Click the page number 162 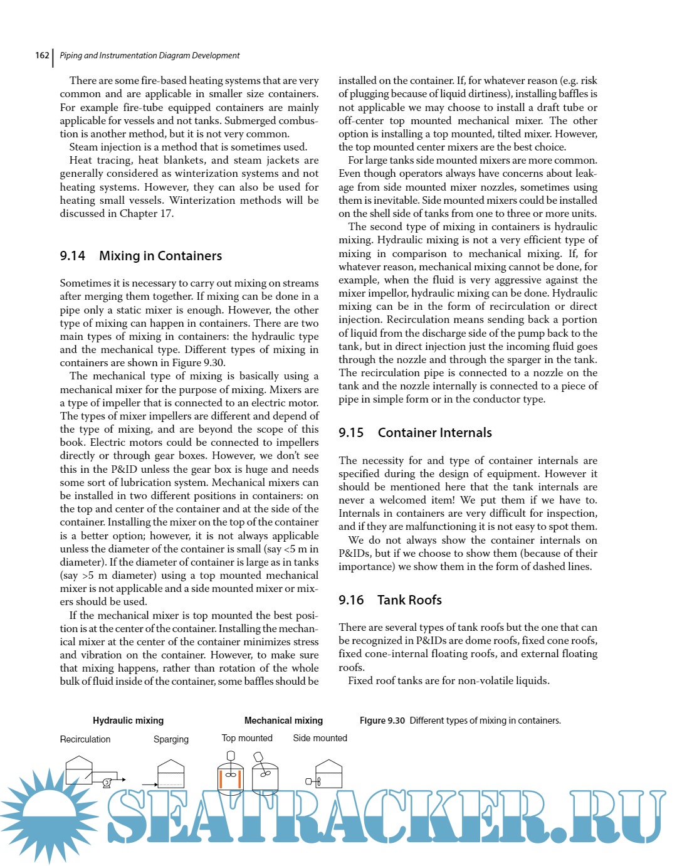click(42, 55)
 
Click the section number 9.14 click(73, 256)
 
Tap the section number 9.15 click(351, 433)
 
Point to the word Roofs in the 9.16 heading click(426, 600)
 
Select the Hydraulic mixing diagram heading click(128, 721)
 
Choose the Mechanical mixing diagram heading click(283, 721)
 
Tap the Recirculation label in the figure click(85, 739)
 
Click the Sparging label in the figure click(171, 739)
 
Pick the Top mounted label click(247, 738)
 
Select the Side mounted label click(320, 738)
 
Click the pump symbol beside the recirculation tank click(107, 782)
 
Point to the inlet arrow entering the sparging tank click(149, 784)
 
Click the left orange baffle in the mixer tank click(221, 779)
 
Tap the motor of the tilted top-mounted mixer click(258, 756)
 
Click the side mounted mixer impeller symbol click(318, 781)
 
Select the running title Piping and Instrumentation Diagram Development click(150, 55)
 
